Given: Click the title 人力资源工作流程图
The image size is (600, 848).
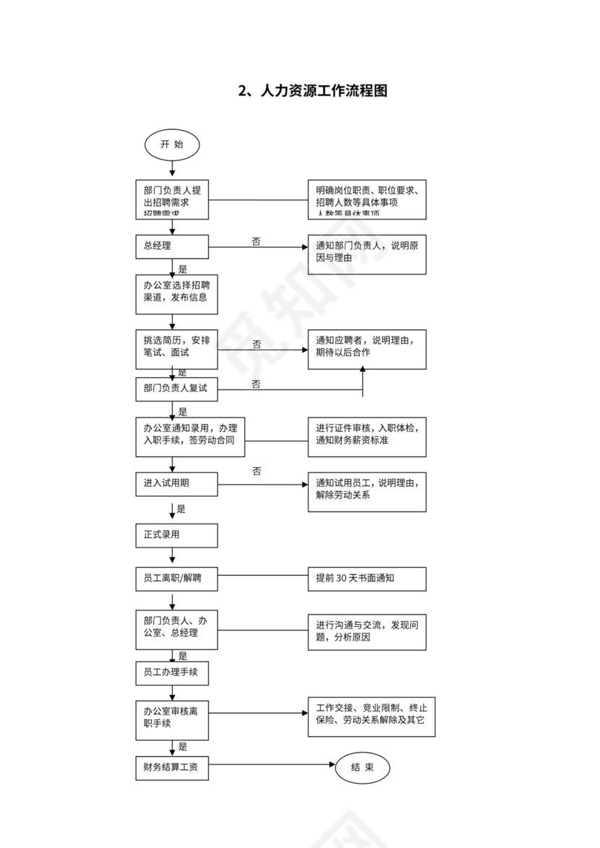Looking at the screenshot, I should (313, 91).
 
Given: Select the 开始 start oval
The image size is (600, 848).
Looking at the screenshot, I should (172, 144).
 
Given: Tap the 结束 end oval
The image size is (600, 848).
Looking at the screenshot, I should (362, 767).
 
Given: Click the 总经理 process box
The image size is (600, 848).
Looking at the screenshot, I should (172, 246).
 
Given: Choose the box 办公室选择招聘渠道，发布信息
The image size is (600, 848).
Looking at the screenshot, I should (176, 293).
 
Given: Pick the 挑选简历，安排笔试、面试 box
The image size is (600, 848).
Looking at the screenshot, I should (176, 348).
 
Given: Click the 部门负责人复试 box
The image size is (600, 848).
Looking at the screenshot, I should (176, 389).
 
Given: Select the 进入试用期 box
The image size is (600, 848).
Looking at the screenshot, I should (176, 484).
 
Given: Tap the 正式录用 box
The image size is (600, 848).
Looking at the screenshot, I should (176, 535).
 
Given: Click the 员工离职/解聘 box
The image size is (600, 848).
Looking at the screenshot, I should (176, 579).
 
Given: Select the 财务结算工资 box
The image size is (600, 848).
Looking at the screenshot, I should (172, 767).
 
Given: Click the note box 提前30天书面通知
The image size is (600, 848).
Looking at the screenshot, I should (367, 579).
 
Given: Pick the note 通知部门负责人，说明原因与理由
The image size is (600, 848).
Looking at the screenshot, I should (367, 254).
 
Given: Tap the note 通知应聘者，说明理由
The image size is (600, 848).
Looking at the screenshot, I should (367, 349).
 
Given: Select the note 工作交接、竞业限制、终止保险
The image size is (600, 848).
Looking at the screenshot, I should (372, 717).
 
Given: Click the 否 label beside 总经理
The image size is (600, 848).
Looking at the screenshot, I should (257, 241).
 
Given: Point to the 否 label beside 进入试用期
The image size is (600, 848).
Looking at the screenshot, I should (257, 471).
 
